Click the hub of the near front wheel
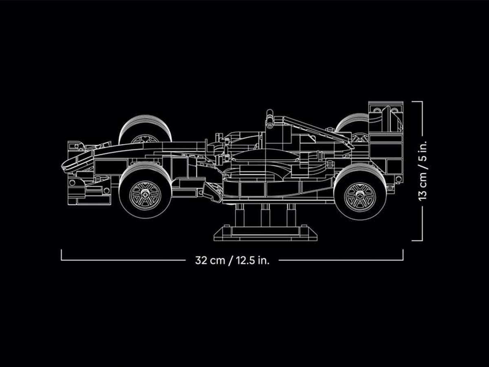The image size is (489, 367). pyautogui.click(x=145, y=195)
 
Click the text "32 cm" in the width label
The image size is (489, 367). pyautogui.click(x=209, y=261)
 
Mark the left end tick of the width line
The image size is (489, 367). pyautogui.click(x=62, y=255)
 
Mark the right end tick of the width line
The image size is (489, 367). pyautogui.click(x=403, y=255)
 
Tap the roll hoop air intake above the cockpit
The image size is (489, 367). pyautogui.click(x=270, y=116)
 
